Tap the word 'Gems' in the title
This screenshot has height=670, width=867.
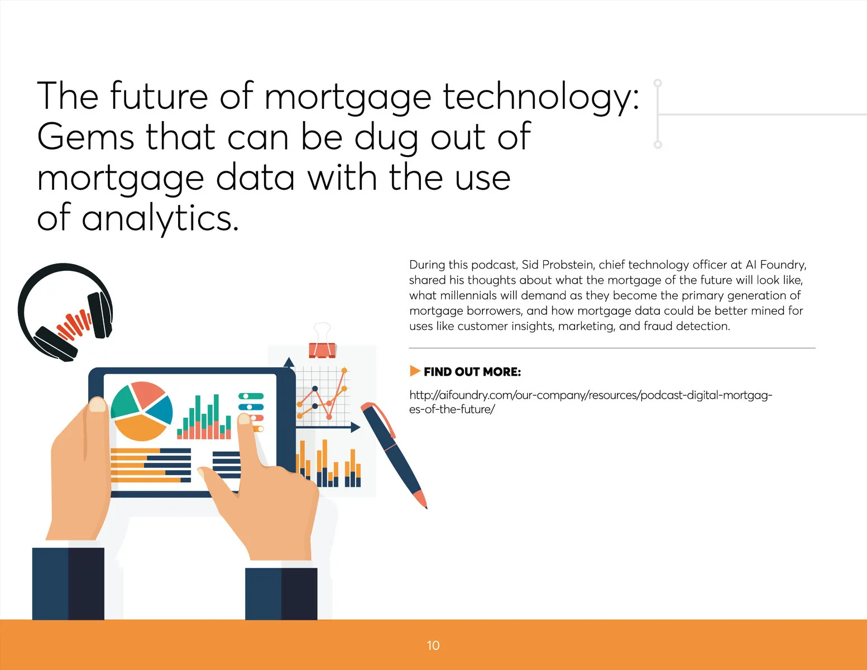coord(86,136)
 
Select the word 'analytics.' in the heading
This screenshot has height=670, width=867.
coord(160,219)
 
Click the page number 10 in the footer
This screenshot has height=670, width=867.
coord(433,645)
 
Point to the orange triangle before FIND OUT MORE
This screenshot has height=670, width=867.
coord(415,371)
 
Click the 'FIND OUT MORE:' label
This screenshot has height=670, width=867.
coord(472,372)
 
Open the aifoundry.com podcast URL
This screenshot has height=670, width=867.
coord(591,402)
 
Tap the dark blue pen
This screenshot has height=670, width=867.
coord(394,455)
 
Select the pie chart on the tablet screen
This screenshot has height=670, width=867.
coord(141,411)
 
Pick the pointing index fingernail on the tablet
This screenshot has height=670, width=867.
coord(244,419)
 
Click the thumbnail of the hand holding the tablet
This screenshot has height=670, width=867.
coord(98,405)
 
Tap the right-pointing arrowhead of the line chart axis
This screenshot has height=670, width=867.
coord(356,427)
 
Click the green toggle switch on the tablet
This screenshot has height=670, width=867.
coord(251,396)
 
